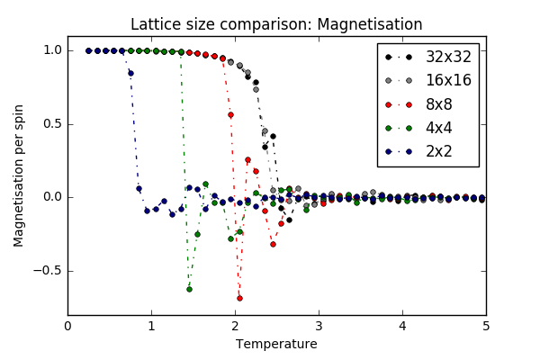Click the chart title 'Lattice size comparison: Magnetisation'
276,24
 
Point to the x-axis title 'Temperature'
276,344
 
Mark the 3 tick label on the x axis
319,326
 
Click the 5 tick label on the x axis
486,326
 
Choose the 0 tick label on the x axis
67,326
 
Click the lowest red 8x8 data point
239,298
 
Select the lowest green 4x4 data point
189,289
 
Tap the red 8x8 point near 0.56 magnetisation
230,114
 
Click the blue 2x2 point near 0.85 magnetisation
130,73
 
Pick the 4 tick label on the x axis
402,326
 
